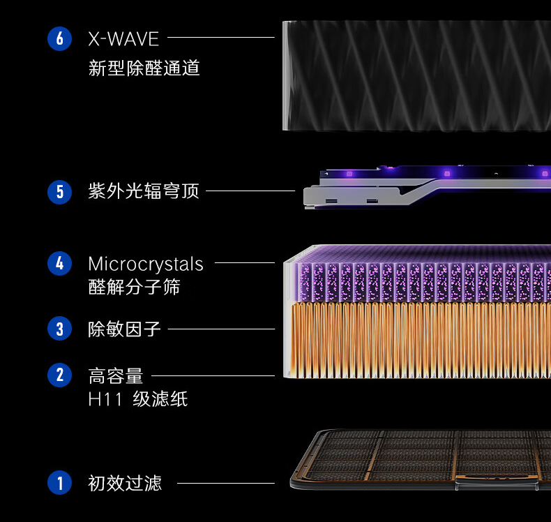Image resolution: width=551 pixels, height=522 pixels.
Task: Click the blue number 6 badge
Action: (59, 38)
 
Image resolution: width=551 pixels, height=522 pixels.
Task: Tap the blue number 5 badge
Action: (59, 191)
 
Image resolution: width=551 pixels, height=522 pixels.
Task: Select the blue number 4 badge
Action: (59, 264)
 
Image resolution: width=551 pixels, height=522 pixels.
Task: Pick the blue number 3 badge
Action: (59, 329)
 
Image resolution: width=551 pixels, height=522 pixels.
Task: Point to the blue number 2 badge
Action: (59, 375)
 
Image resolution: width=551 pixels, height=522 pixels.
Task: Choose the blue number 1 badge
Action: (59, 482)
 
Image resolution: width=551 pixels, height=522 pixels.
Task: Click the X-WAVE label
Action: (123, 38)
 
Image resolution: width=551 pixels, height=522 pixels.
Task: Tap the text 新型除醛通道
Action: (144, 68)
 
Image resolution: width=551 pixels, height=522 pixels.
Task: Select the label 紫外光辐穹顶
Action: (144, 191)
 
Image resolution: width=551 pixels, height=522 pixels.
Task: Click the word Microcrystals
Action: (146, 264)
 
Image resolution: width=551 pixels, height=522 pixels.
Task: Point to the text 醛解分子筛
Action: (134, 287)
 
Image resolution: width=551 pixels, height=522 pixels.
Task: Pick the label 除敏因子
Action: (124, 329)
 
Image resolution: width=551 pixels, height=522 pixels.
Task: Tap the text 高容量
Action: (115, 376)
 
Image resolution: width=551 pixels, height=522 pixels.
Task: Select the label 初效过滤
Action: (124, 483)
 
